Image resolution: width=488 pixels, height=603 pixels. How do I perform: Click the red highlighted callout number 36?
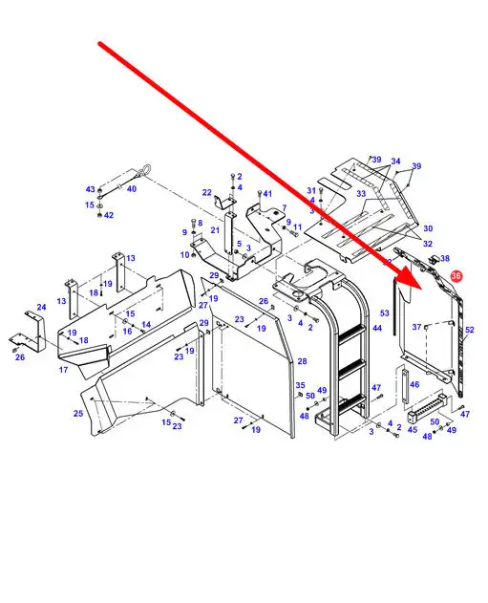456,276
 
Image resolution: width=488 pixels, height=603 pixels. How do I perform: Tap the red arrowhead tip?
422,289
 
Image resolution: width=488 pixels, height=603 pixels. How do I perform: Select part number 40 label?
132,189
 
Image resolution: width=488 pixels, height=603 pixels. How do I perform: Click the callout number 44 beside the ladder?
377,328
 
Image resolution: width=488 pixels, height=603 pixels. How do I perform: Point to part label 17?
63,370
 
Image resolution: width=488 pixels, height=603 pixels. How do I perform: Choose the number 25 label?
78,414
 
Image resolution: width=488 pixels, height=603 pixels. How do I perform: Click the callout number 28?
303,361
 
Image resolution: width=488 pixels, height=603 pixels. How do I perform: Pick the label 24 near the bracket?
41,307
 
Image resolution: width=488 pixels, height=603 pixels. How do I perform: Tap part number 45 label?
413,429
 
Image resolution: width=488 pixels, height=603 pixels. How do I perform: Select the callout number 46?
414,384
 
